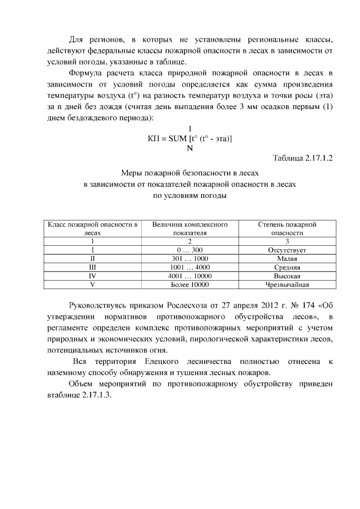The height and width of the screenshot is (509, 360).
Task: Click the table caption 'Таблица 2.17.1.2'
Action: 303,158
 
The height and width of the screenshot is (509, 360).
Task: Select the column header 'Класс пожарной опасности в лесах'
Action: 92,228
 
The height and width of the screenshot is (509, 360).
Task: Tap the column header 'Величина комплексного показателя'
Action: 190,228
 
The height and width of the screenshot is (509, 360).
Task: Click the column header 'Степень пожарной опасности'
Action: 287,228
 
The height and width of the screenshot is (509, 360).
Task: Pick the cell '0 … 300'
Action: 190,250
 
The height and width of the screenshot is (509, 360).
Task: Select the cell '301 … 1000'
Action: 190,259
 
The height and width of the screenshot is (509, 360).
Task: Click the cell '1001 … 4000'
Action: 190,268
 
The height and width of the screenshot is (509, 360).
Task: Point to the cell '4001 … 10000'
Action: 190,276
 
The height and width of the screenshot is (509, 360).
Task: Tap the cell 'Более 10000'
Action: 190,285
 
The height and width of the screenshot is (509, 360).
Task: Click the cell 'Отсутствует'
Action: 287,250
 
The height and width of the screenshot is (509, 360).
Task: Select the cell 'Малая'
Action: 287,259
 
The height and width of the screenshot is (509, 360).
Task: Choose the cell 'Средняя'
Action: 287,268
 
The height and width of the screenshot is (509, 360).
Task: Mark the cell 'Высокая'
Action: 287,276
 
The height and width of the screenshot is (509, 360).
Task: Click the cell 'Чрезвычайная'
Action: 287,285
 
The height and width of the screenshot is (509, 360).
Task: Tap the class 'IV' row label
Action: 92,276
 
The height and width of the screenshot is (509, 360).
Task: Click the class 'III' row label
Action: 92,268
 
